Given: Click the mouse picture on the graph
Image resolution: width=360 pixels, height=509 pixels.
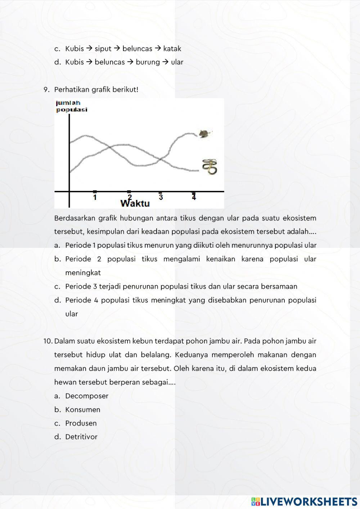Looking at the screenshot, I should [204, 134].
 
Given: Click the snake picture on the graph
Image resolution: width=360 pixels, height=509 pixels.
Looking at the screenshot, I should [210, 167].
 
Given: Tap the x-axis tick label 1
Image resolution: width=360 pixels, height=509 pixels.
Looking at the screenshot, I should [95, 197].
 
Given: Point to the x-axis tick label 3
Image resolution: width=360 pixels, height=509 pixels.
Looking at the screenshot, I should [161, 197].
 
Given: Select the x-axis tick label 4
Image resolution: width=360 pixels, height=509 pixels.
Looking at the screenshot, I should [194, 197].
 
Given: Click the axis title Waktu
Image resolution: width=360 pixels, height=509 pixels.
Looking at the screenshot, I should [135, 203].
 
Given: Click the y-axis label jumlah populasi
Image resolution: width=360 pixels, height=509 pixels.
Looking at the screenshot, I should [71, 106].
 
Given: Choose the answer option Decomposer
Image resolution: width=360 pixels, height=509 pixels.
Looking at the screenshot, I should [86, 396].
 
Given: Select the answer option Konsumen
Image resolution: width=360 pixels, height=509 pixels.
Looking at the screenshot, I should [82, 410].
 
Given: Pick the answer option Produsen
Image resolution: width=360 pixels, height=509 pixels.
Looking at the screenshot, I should [81, 423].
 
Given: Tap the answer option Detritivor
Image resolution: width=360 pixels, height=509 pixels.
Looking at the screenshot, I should [81, 437].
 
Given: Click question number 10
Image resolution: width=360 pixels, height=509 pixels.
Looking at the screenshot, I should [48, 341].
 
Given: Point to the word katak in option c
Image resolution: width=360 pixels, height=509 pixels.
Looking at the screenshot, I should [172, 49].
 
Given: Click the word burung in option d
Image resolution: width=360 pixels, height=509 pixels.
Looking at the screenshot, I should [148, 62].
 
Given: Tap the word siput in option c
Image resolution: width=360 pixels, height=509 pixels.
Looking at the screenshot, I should [103, 49].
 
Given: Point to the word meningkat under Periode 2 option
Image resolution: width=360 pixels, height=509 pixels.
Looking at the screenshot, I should [83, 273].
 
